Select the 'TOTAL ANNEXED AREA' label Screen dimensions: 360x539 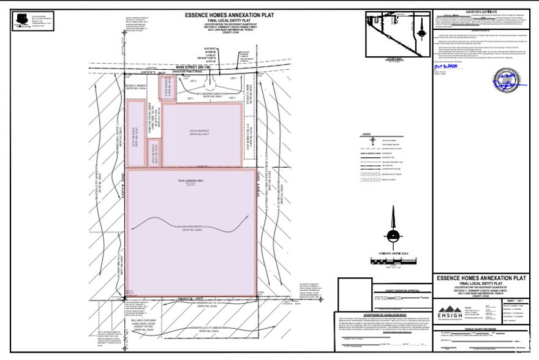(190, 181)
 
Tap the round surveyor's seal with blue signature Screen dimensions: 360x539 (505, 79)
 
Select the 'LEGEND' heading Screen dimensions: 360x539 (366, 133)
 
